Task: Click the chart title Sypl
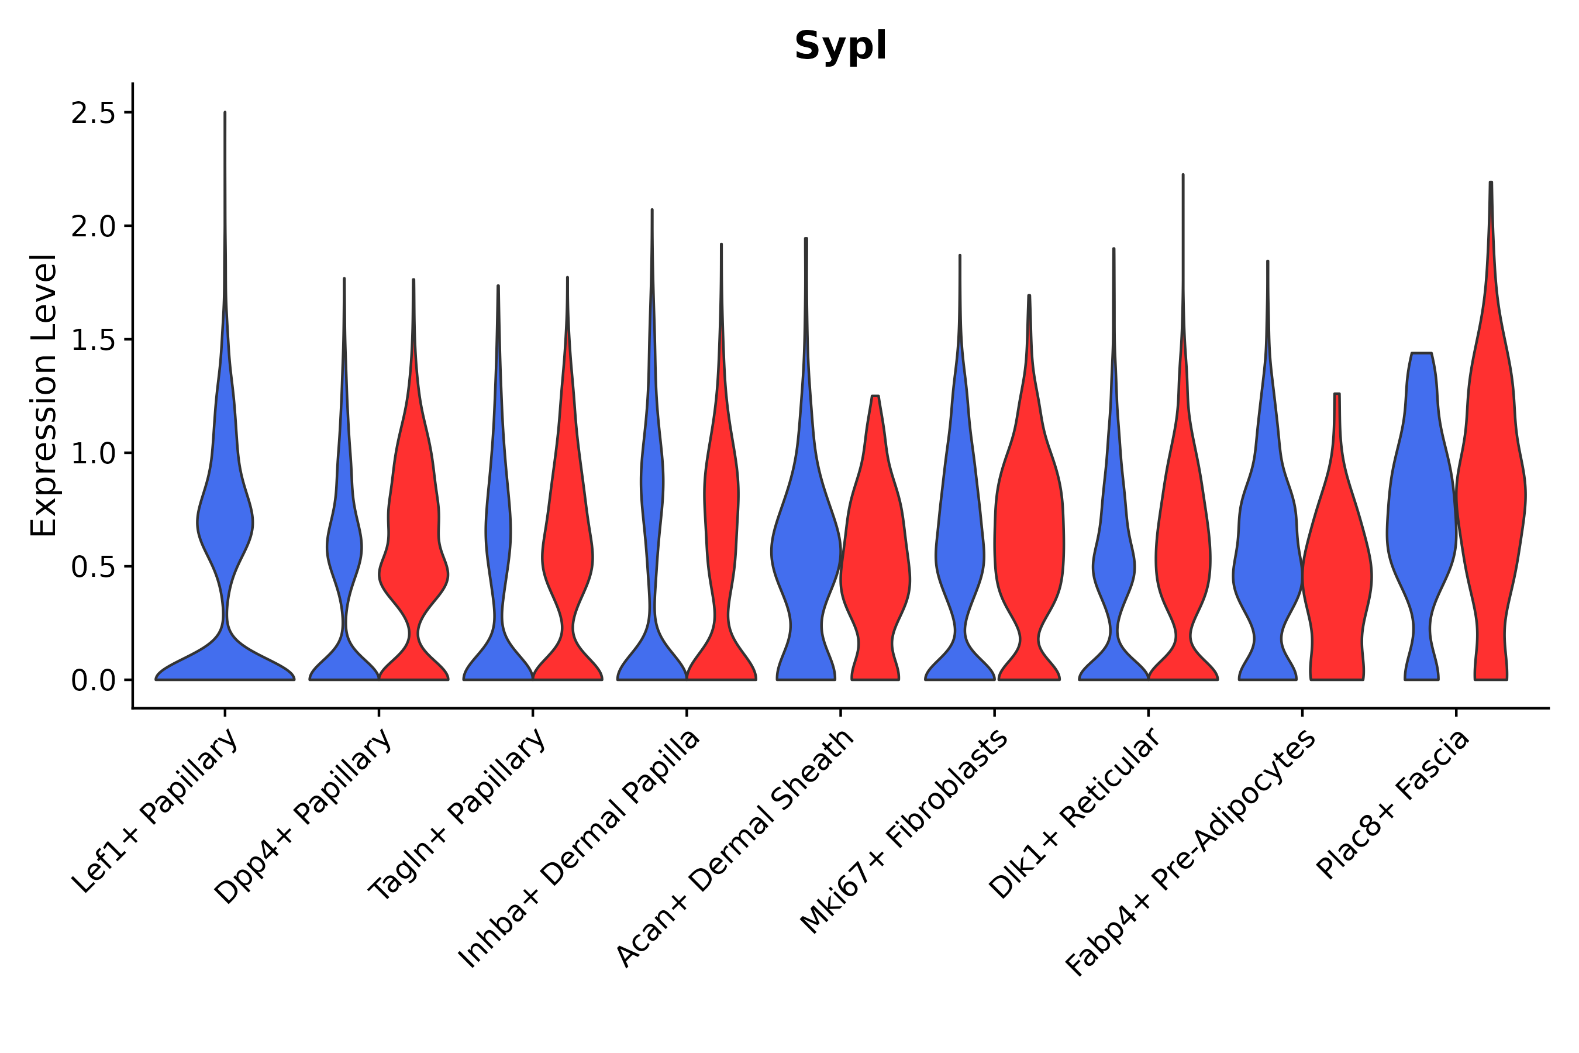click(x=840, y=47)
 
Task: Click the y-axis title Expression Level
click(x=44, y=395)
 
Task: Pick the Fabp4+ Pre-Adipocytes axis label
click(x=1191, y=852)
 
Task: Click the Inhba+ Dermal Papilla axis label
click(x=580, y=849)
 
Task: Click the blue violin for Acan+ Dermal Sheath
click(x=806, y=550)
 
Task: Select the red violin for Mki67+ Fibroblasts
click(x=1029, y=537)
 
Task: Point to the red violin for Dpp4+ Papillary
click(x=413, y=537)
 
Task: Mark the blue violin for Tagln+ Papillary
click(x=498, y=537)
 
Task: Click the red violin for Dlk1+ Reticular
click(x=1183, y=550)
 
